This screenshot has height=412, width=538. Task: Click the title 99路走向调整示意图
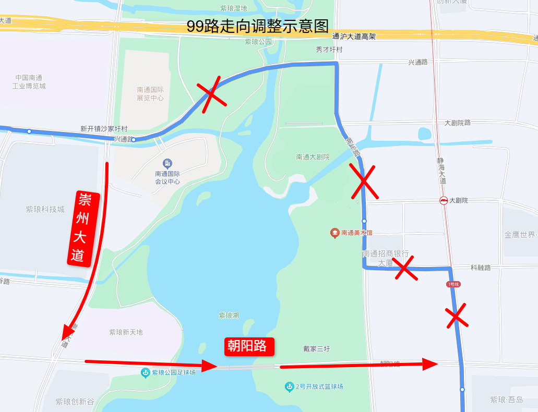tap(258, 27)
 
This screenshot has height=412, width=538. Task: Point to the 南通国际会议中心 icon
tap(167, 164)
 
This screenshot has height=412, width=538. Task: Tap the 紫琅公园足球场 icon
tap(146, 372)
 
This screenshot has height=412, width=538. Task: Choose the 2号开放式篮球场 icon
tap(290, 386)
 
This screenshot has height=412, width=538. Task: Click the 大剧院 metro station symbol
tap(443, 200)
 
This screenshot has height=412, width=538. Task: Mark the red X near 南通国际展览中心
tap(211, 94)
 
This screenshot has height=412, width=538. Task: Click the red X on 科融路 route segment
tap(405, 268)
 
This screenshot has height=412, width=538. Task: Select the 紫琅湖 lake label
tap(229, 316)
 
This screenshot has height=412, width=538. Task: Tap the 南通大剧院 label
tap(313, 156)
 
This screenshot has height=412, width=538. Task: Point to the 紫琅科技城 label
tap(45, 209)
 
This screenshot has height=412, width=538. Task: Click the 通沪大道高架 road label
tap(353, 37)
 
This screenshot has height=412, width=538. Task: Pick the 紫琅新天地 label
tap(126, 332)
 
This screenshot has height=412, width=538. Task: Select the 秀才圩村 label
tap(329, 50)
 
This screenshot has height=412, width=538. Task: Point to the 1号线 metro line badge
tap(453, 284)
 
